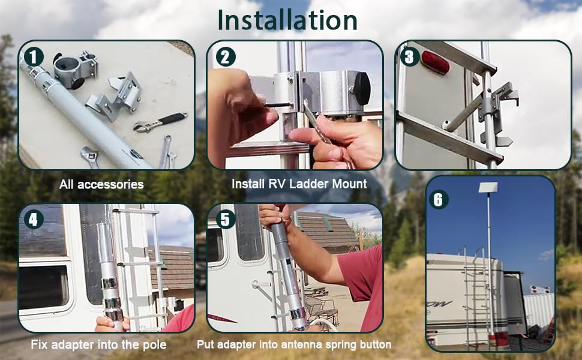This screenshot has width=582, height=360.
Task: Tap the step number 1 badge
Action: pyautogui.click(x=34, y=58)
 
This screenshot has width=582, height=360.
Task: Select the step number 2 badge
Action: pyautogui.click(x=224, y=57)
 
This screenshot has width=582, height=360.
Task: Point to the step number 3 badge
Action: pyautogui.click(x=409, y=57)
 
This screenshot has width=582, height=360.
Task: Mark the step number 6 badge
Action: pyautogui.click(x=438, y=199)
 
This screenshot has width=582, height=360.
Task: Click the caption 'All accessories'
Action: pyautogui.click(x=101, y=184)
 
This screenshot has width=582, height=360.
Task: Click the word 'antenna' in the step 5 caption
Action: pyautogui.click(x=305, y=345)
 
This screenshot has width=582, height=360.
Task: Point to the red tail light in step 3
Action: pyautogui.click(x=435, y=62)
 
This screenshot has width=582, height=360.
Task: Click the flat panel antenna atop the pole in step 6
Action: pyautogui.click(x=490, y=187)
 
